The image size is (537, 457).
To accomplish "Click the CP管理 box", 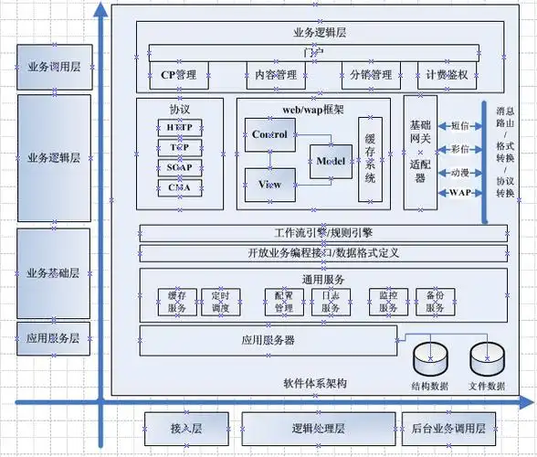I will click(x=179, y=74).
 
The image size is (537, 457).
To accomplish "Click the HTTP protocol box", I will click(x=179, y=127).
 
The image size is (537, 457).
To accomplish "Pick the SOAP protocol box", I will click(x=179, y=167).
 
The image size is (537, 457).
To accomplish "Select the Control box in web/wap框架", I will click(x=268, y=135).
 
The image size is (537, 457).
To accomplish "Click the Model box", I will click(x=329, y=161).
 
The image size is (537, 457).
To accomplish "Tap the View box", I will click(x=269, y=185).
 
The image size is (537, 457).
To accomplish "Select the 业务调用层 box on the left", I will click(x=54, y=67).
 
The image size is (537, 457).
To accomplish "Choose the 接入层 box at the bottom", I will click(x=185, y=428).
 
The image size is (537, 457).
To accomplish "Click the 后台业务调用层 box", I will click(x=449, y=428).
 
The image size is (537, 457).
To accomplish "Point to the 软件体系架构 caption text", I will click(x=315, y=382).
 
